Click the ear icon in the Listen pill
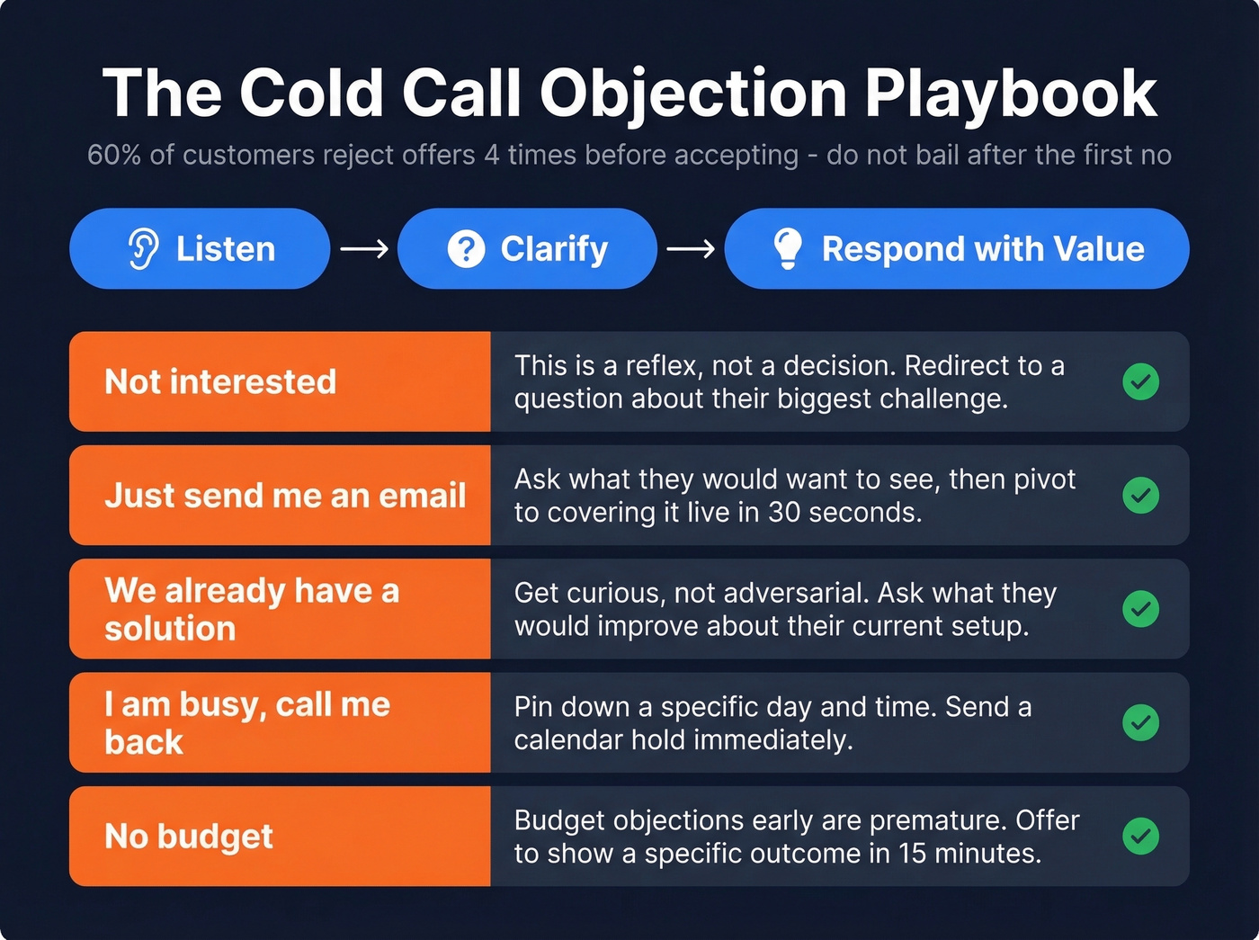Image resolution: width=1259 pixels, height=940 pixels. coord(143,249)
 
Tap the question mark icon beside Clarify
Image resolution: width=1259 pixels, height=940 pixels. coord(466,249)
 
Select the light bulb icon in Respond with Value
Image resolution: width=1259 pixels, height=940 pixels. coord(787,248)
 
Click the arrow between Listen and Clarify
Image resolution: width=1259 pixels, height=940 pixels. coord(364,249)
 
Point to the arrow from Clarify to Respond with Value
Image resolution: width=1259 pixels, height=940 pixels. coord(691,249)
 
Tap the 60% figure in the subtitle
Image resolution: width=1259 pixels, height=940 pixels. coord(114,155)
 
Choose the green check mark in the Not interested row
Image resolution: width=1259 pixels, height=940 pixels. coord(1140,381)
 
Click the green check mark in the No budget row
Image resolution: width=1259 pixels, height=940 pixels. coord(1140,837)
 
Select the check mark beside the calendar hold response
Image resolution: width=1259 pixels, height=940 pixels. coord(1140,722)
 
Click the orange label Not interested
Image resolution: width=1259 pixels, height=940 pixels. coord(220,381)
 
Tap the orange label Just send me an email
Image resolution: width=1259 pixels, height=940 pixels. coord(285,496)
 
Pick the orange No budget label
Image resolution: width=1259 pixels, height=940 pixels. coord(189,837)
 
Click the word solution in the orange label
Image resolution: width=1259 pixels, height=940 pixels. coord(170,629)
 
